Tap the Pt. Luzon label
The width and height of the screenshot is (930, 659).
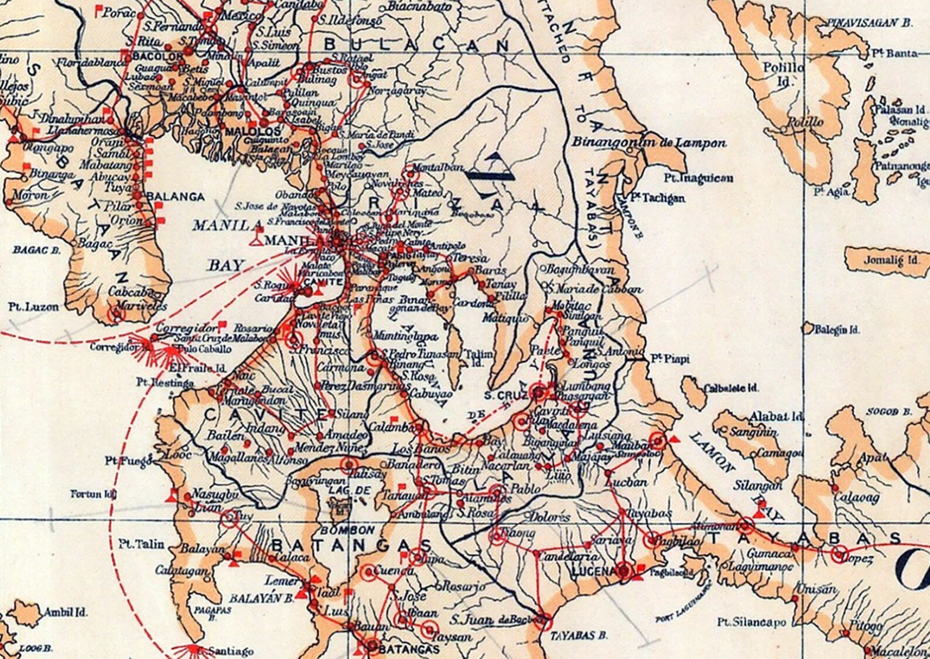coord(33,306)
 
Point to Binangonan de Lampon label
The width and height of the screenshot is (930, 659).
coord(649,143)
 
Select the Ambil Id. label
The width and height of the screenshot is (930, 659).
coord(66,612)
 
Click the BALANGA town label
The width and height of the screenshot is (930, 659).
coord(176,197)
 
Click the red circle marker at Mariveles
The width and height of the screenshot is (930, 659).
coord(118,314)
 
